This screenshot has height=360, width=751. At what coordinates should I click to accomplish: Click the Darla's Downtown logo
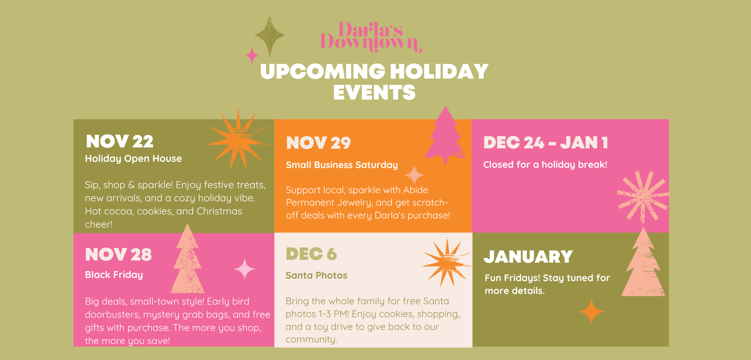point(371,37)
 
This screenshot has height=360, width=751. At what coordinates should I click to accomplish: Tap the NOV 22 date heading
point(120,141)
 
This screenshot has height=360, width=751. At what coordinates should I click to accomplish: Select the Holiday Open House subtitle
point(133,159)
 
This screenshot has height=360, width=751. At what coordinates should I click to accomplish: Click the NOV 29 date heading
point(319,143)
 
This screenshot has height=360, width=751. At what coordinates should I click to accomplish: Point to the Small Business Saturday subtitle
point(342,165)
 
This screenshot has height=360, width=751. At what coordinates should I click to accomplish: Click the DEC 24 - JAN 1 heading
point(546,142)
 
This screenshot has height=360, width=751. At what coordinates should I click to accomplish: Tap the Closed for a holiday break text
point(545,165)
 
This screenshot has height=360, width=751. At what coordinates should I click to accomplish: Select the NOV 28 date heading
point(118,254)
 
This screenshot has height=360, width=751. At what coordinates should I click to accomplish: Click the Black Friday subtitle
point(114,275)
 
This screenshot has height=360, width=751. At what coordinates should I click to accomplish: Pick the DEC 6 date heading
point(311,254)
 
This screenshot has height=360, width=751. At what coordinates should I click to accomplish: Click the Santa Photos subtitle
point(316,275)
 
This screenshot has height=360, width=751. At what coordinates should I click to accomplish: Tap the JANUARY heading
point(528,257)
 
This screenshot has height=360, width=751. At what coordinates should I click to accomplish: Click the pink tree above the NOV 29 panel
point(445,135)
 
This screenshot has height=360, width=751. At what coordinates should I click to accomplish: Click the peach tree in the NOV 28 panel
point(187,259)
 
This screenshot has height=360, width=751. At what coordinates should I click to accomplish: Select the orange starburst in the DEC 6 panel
point(447,262)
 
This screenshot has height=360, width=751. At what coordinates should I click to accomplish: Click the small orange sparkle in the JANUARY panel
point(591,311)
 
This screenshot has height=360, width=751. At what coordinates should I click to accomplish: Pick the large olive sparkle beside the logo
point(269,35)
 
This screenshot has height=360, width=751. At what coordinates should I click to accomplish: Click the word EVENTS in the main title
point(374,92)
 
